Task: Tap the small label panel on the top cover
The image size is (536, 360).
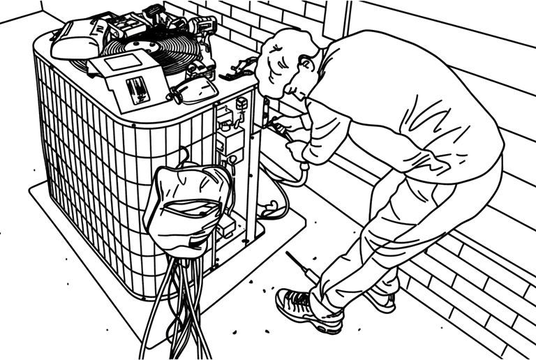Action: (x=138, y=89)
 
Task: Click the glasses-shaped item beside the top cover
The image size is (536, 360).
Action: (x=199, y=91)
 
